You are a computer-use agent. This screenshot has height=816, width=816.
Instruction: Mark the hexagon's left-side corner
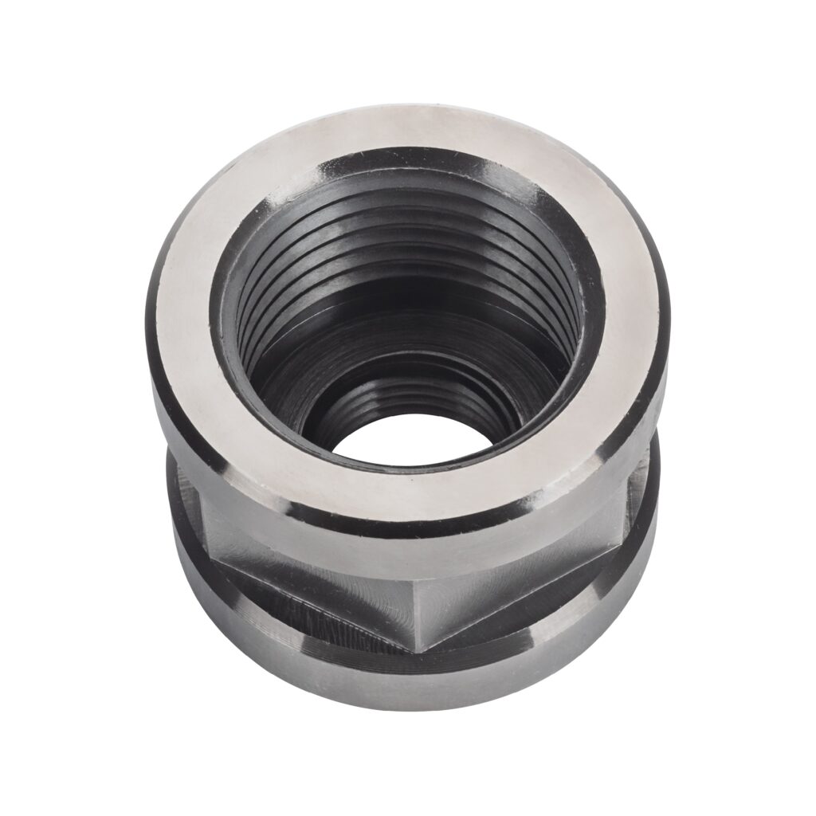199,510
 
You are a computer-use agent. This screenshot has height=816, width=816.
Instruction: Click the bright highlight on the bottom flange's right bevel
630,590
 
